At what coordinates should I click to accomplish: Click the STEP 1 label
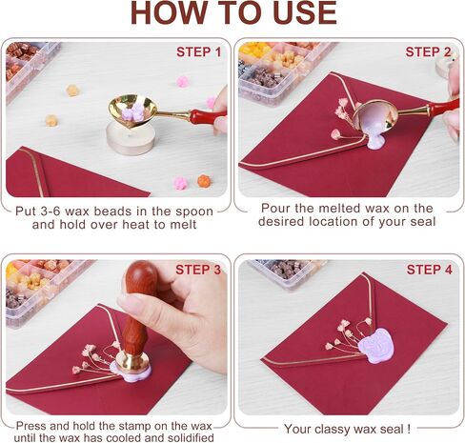pos(198,52)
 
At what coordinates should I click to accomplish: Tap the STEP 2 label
pos(428,52)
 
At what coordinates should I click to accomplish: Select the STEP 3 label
pos(198,270)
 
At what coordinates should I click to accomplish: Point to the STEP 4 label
pos(430,270)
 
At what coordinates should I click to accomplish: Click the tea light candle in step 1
pos(131,138)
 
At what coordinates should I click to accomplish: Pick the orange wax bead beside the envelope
pos(204,181)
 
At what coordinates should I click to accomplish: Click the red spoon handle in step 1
pos(207,115)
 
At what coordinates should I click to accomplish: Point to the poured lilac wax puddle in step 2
pos(376,141)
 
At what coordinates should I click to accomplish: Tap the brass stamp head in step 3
pos(132,361)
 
